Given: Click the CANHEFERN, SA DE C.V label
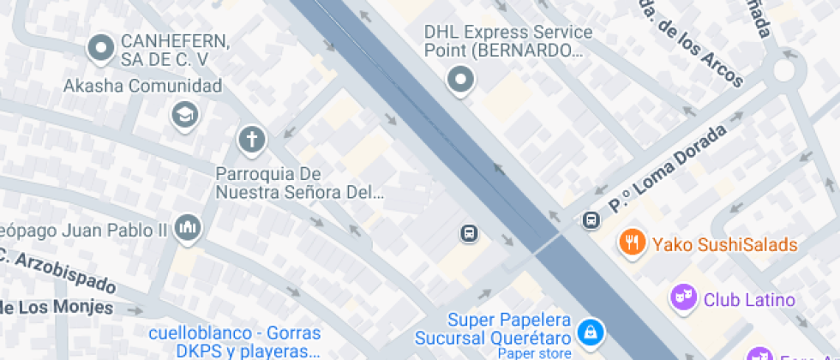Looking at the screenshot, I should click(175, 50).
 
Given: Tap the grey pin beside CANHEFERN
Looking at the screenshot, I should click(102, 48).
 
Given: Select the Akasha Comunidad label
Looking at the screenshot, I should click(143, 86).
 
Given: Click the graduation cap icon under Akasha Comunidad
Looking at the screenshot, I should click(184, 114).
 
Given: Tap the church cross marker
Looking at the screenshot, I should click(251, 138).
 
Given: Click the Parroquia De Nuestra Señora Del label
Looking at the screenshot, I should click(300, 183).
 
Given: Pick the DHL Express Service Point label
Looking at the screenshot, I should click(508, 41).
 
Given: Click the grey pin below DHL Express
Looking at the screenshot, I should click(461, 81).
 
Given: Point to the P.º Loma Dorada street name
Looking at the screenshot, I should click(667, 169).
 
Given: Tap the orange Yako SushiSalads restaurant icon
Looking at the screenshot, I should click(632, 243).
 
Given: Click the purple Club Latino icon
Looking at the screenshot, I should click(681, 299).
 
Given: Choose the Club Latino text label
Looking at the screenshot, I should click(749, 300).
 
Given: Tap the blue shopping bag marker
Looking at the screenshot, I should click(590, 330).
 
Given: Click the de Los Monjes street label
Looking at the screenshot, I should click(57, 307).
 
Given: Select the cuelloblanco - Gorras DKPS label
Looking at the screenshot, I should click(234, 342).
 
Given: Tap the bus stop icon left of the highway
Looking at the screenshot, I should click(469, 233).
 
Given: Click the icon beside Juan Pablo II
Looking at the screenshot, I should click(186, 228).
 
